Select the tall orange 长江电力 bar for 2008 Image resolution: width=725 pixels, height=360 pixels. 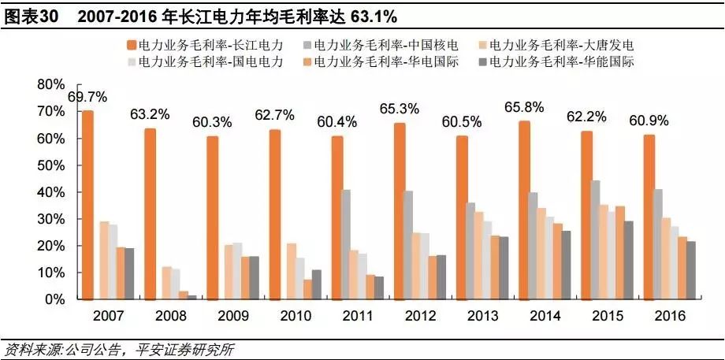[x=150, y=213]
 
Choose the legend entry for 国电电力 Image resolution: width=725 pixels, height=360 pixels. [x=209, y=61]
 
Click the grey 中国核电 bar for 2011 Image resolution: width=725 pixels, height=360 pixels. [x=345, y=244]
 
